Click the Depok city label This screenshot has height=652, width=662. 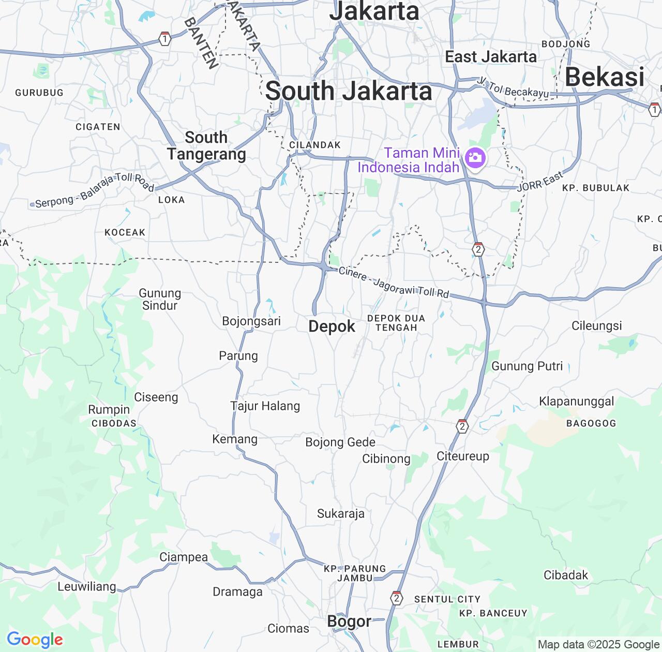332,327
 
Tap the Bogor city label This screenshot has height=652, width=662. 349,621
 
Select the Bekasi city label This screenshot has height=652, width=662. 605,77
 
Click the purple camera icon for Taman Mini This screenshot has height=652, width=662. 475,158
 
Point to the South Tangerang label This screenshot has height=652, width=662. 206,146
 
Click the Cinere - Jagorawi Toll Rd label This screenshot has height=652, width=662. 394,283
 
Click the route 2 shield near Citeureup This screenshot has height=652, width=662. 462,426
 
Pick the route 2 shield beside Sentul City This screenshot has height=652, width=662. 397,598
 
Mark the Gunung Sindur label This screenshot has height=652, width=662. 160,300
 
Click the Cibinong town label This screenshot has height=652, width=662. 386,459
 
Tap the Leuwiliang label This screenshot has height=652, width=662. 87,587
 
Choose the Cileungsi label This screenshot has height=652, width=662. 597,326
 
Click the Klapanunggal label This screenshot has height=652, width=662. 577,402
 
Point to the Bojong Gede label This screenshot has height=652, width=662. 340,442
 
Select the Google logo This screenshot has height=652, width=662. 35,640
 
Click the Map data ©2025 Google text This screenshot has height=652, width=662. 598,645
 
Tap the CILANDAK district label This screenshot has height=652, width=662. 315,145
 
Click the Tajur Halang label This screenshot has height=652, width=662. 265,406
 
